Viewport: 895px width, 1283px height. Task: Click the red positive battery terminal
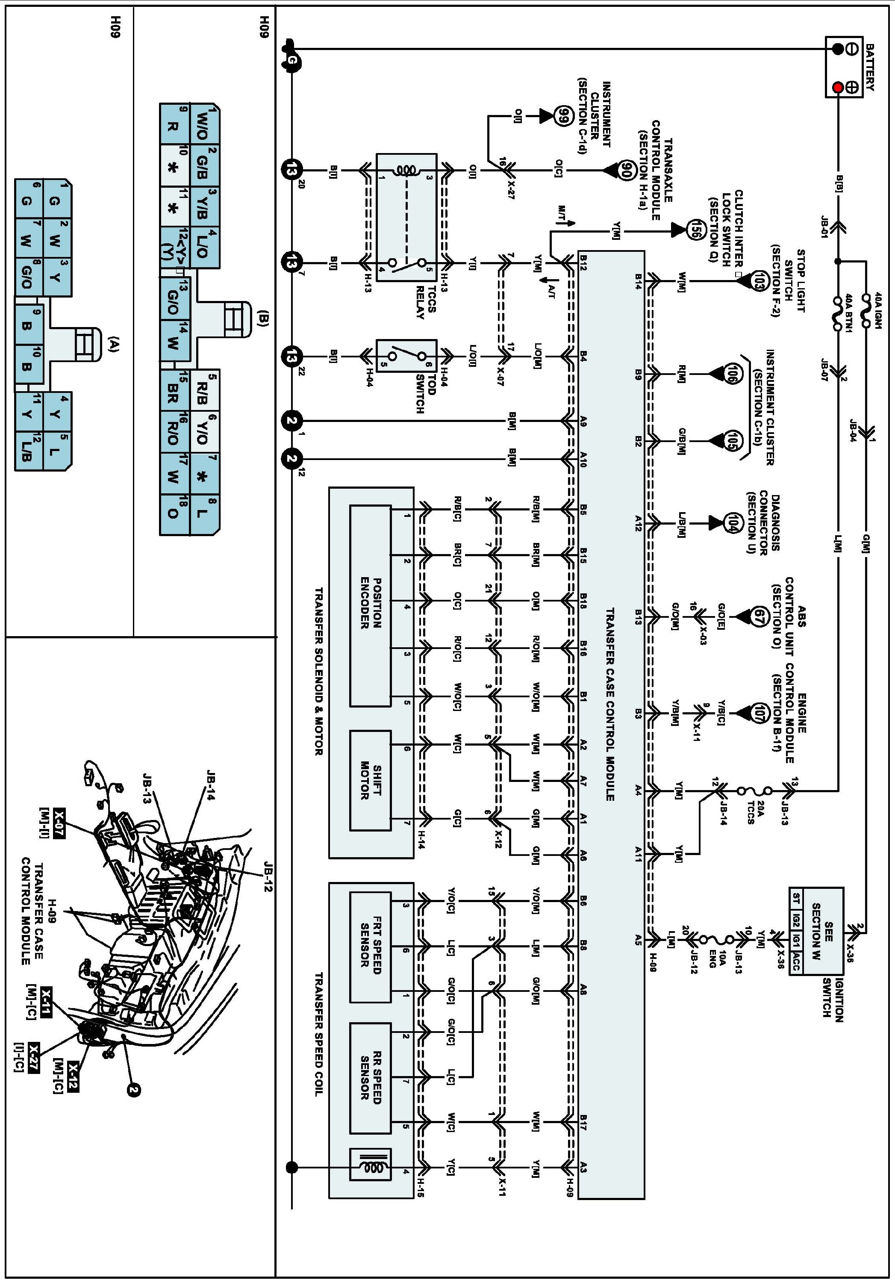(837, 88)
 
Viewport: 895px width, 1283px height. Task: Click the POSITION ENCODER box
(370, 606)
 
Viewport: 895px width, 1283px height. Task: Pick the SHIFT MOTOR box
(370, 780)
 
